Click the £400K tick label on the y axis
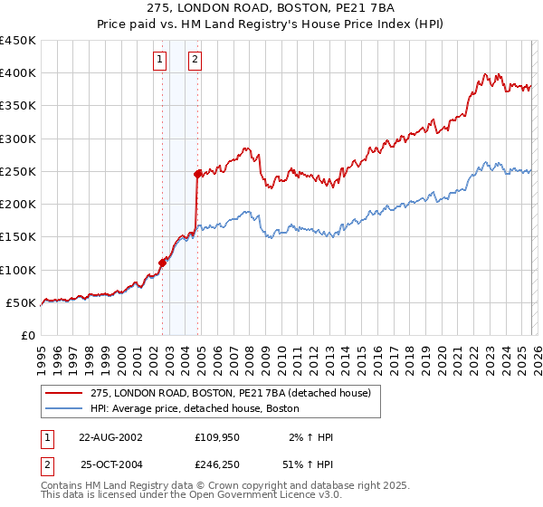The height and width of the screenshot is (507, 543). (18, 73)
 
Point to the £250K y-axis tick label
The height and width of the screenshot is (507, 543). (18, 171)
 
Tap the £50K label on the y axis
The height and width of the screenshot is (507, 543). (22, 302)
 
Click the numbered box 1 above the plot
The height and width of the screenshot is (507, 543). (159, 61)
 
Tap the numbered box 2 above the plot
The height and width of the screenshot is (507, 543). (195, 61)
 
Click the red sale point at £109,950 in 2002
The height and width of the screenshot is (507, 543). (163, 263)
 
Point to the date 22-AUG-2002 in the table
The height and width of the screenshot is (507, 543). (110, 437)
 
